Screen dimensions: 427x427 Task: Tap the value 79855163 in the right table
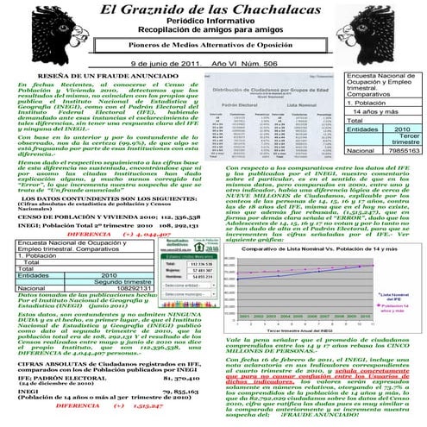pos(402,149)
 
